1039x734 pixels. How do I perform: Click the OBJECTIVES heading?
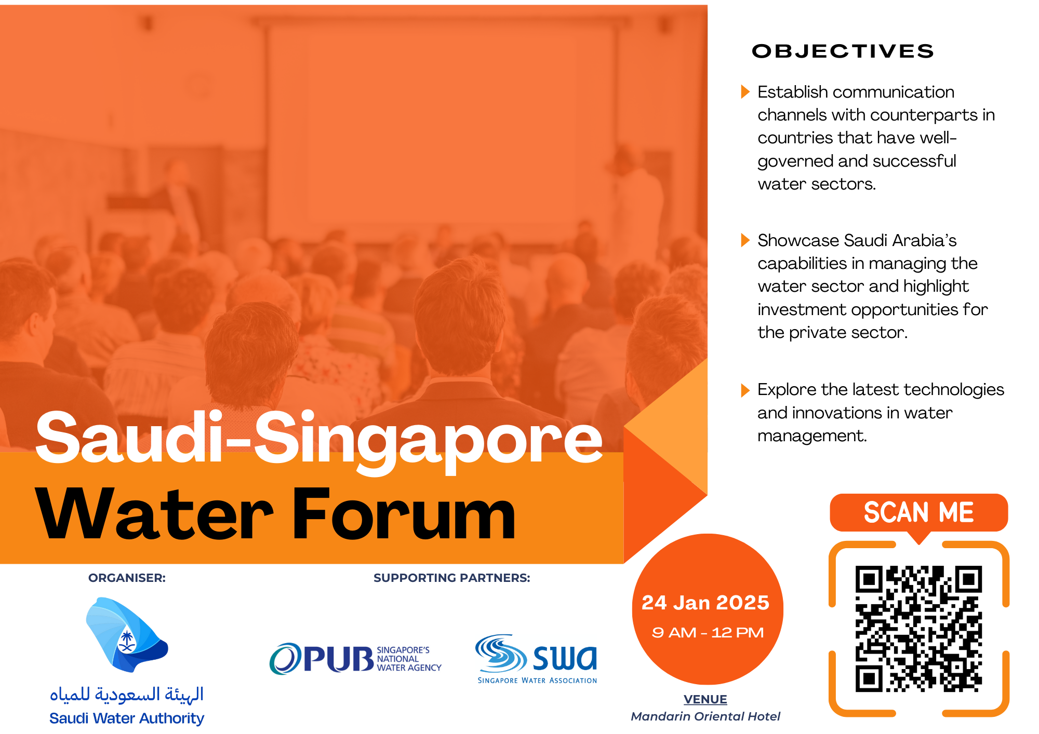coord(843,51)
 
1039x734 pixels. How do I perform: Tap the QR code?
coord(918,629)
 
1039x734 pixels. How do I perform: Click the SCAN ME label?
coord(918,512)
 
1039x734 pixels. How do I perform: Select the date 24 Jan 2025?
coord(705,602)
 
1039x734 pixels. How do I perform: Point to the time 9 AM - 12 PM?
coord(708,632)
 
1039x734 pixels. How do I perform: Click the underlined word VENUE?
coord(705,699)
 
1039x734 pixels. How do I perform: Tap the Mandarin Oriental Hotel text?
coord(705,716)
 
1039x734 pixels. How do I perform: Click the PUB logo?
coord(355,658)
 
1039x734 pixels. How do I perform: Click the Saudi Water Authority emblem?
coord(126,634)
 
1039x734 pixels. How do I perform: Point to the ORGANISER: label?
coord(127,578)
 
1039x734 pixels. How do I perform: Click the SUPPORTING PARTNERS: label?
coord(452,578)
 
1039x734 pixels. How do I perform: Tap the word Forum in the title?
coord(404,515)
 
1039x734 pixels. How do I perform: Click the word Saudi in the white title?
coord(129,437)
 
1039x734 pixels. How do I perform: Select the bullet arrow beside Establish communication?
coord(745,92)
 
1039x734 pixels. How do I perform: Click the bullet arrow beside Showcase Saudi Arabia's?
coord(745,240)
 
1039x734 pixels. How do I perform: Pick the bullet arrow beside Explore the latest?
coord(745,390)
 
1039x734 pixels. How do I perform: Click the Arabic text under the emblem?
coord(127,694)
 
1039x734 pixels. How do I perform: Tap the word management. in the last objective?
coord(812,436)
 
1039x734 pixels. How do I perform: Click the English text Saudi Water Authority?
coord(127,718)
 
